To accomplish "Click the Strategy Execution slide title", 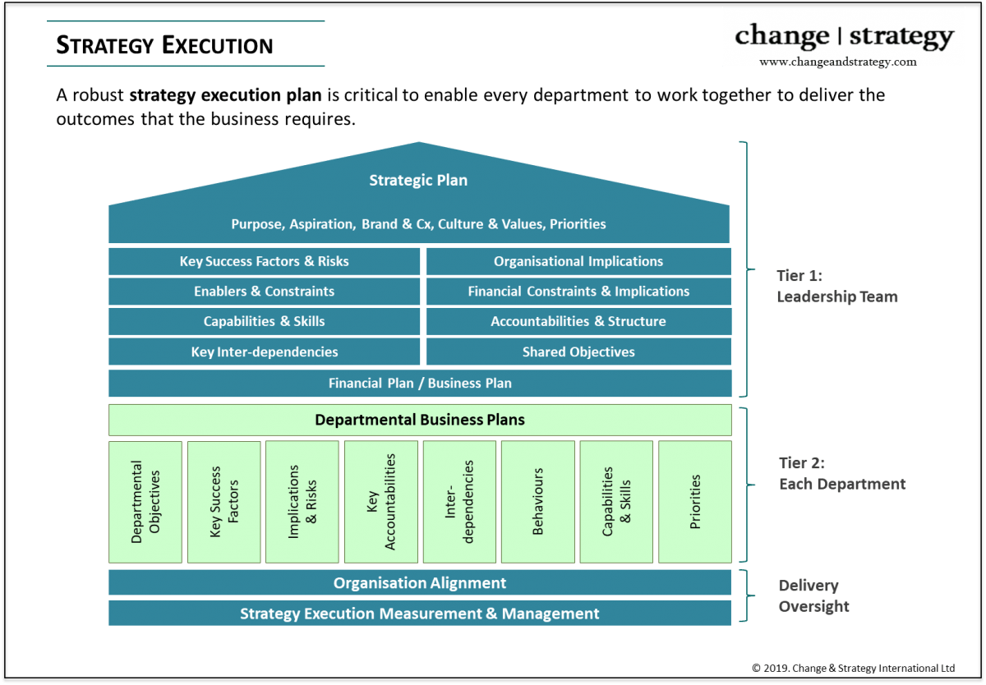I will point(164,44).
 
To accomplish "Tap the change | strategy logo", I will point(844,36).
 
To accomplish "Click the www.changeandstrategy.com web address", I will point(837,62).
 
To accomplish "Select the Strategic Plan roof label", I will point(418,181).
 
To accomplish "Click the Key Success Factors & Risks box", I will point(264,261).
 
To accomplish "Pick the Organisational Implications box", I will point(578,261).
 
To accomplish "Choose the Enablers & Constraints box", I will point(264,292).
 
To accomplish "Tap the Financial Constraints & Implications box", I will point(578,292).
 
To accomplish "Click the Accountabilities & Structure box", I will point(578,321).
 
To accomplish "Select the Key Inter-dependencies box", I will point(264,352).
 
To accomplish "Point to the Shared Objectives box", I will point(578,352).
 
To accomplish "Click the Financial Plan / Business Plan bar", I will point(420,383).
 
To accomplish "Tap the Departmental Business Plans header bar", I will point(420,420).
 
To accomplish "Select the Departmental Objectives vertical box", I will point(145,502).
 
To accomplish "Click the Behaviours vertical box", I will point(538,502).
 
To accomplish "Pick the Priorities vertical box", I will point(695,502).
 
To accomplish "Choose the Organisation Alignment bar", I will point(420,583).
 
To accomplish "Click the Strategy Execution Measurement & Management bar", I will point(420,614).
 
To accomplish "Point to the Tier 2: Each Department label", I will point(841,474).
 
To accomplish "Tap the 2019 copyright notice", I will point(853,668).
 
